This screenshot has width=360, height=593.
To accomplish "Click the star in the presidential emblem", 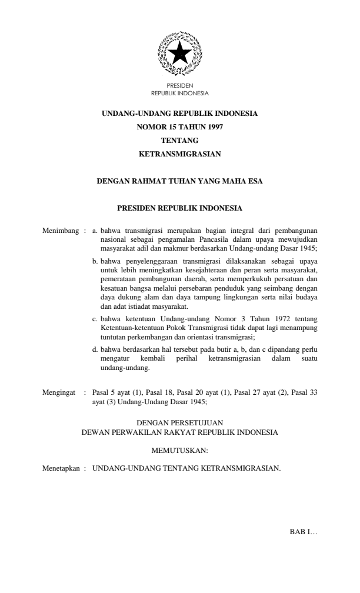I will point(179,54).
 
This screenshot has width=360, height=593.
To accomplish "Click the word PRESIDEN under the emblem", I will point(179,86).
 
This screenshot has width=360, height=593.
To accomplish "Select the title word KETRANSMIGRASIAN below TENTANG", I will point(179,154).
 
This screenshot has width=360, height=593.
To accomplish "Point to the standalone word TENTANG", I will point(179,140).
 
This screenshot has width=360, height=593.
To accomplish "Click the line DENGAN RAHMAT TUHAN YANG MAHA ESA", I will point(179,181).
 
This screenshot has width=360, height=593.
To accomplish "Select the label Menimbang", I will point(61,225).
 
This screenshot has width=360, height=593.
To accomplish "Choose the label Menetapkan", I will point(61,469).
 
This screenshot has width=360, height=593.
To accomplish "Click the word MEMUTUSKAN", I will point(179,451).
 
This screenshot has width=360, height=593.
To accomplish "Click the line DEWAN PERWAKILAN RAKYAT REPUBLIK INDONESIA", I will point(179,431).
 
